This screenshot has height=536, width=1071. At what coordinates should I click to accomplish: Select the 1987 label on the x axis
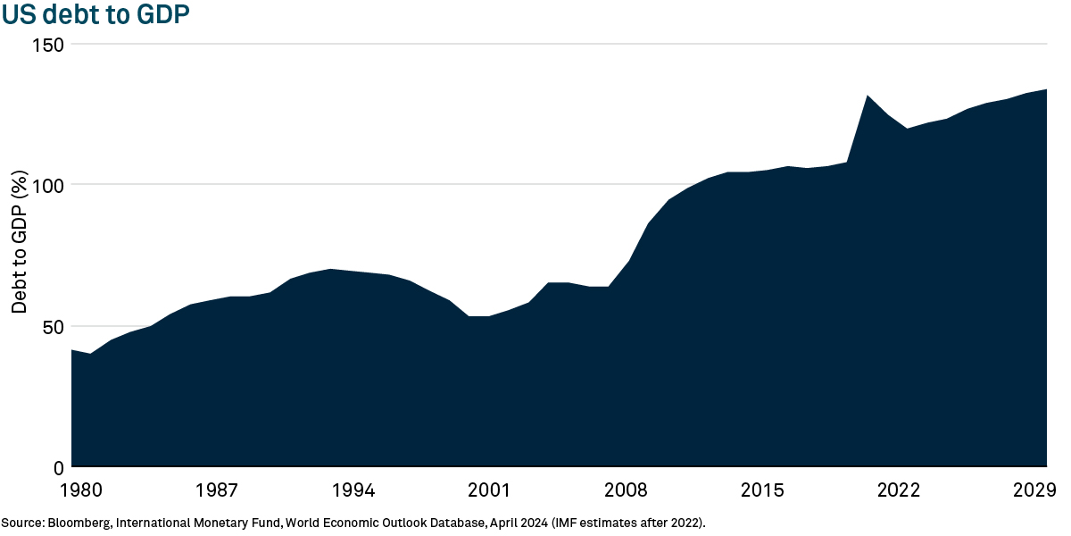(217, 490)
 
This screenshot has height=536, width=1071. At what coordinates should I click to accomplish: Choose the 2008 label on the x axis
(626, 490)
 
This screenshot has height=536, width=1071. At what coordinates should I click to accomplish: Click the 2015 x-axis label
(762, 490)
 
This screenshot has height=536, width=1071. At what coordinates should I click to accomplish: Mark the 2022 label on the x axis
(899, 490)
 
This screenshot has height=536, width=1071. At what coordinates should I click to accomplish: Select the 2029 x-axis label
(1035, 490)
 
